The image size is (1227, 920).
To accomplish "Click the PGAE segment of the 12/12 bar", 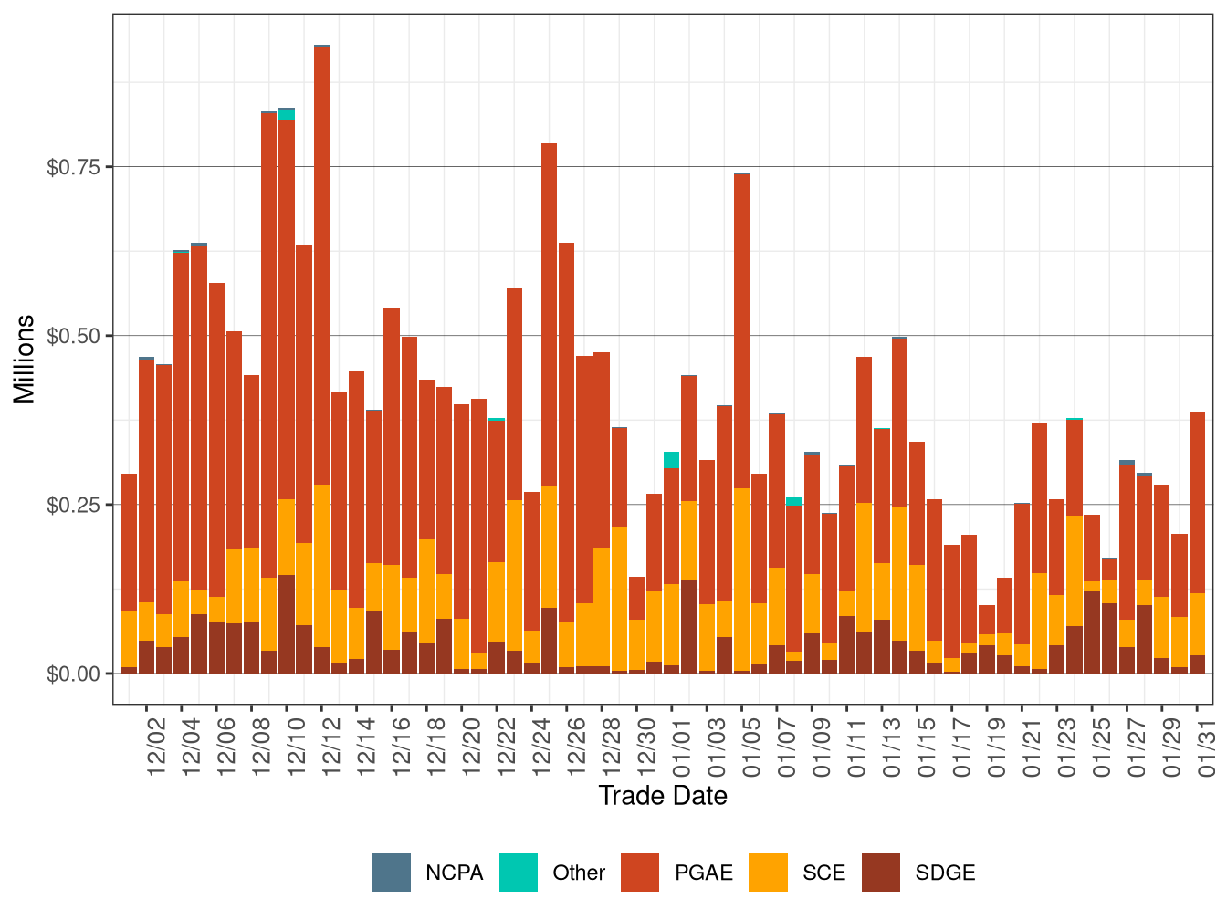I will tap(321, 265).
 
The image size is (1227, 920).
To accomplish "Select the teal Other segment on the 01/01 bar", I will tap(671, 460).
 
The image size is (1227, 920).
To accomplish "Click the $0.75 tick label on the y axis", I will tap(73, 167).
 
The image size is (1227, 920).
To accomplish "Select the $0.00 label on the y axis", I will tap(73, 674).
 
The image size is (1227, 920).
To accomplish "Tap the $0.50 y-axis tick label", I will tap(73, 336).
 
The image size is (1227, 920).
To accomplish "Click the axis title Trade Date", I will tap(663, 796).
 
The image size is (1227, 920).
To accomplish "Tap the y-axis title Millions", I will tap(25, 359).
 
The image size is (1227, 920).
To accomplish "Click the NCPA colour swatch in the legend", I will tap(391, 873).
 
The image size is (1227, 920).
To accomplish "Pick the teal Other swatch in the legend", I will tap(519, 873).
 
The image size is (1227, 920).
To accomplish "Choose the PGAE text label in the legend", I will tap(704, 873).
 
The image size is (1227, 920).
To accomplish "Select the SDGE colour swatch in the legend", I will tap(880, 873).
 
